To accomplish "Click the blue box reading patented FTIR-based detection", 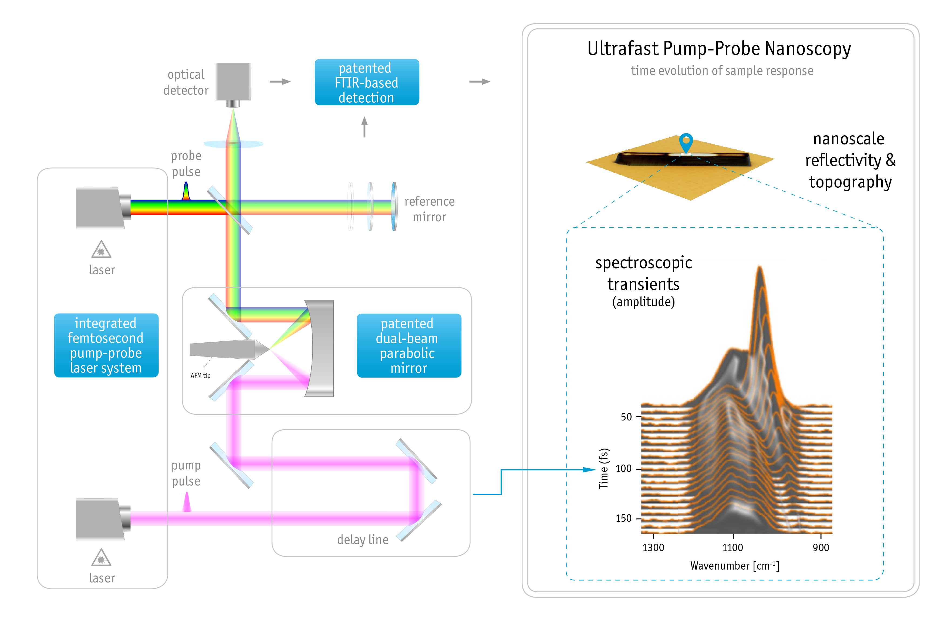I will point(366,82).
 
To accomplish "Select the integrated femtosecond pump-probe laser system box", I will point(106,345).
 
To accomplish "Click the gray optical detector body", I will point(233,81).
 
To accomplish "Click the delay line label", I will point(363,540).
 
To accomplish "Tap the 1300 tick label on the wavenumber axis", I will point(653,547).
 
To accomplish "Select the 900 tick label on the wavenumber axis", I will point(821,547).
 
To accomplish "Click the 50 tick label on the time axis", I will point(626,417).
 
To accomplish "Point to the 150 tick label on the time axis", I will point(623,518).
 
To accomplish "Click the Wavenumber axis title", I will point(735,566).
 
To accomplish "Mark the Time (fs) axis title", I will point(603,469).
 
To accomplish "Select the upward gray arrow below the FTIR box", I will point(364,127).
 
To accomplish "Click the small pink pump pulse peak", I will point(187,502).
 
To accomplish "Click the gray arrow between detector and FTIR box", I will point(280,82).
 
